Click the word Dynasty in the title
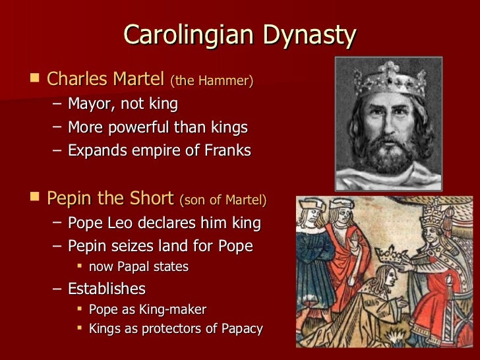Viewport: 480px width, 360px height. click(311, 36)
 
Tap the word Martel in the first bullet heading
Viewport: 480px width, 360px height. click(138, 80)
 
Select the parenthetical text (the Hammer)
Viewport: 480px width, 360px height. click(212, 82)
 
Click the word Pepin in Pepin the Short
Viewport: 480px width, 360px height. click(68, 198)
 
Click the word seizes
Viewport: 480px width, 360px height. click(140, 247)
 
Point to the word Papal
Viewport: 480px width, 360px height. click(136, 267)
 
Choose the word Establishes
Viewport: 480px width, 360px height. click(107, 289)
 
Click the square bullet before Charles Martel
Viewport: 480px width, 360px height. click(35, 80)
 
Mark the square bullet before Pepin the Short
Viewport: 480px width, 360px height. click(35, 198)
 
